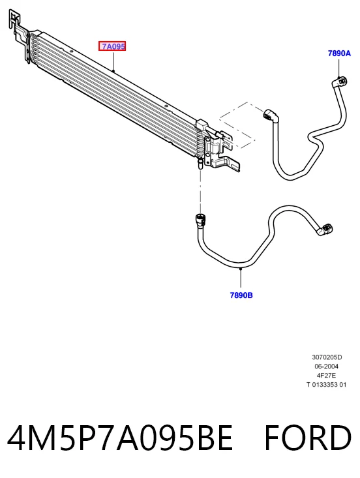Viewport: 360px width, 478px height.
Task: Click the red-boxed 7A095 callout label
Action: point(112,46)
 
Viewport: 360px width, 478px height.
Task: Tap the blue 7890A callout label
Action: point(339,53)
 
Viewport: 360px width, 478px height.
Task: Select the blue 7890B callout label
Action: point(241,295)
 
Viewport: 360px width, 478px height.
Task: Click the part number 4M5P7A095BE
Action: point(120,438)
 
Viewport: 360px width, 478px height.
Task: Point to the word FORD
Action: point(308,438)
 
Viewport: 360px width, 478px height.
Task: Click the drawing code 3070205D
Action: point(327,357)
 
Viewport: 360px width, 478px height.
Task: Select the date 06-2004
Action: point(327,366)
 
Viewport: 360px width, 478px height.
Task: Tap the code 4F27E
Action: point(327,375)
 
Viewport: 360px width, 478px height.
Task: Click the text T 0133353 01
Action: point(327,384)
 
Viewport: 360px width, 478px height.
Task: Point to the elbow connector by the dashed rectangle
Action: point(271,115)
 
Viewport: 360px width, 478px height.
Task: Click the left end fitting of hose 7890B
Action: point(201,219)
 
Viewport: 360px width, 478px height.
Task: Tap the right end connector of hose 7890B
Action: point(325,230)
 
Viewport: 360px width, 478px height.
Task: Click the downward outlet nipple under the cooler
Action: point(200,163)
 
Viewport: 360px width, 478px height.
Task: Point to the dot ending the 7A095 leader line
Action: point(113,70)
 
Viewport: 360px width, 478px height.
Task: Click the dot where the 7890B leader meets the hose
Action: point(241,269)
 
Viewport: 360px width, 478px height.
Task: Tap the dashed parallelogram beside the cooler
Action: point(237,125)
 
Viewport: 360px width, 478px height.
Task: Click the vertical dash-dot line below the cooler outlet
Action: point(201,191)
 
